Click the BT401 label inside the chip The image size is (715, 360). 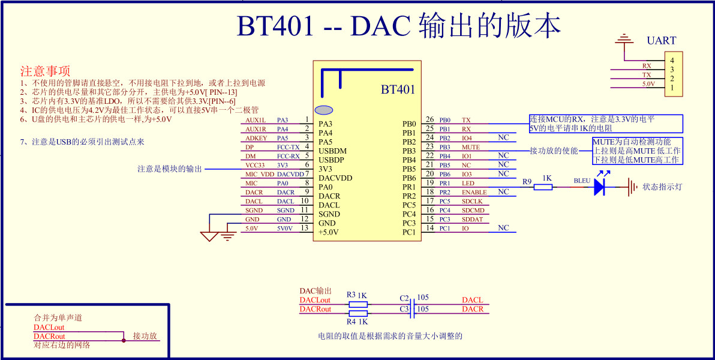[x=398, y=90]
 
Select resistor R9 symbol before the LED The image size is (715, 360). [x=543, y=187]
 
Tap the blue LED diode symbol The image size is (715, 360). [x=599, y=187]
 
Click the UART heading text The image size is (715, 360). [x=661, y=41]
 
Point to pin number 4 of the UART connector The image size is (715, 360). [x=672, y=61]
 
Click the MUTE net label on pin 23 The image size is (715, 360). [x=471, y=147]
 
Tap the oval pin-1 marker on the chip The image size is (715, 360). [x=324, y=110]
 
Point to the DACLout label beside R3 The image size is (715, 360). [x=315, y=300]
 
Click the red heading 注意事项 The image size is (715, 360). [x=46, y=71]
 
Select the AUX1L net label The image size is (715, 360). [x=256, y=120]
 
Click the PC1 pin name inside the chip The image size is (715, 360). [x=409, y=232]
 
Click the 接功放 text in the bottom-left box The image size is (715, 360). [x=145, y=336]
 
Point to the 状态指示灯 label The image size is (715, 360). [x=662, y=187]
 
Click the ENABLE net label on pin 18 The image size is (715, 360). [x=474, y=192]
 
